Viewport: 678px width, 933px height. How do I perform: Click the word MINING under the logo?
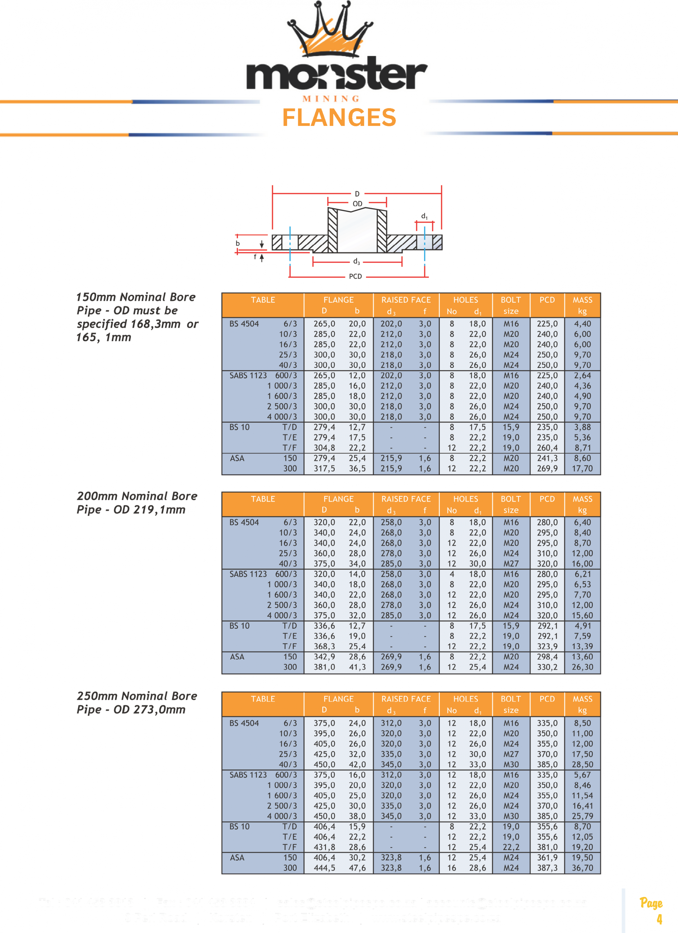click(331, 99)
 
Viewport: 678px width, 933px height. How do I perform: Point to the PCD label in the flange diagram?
click(355, 276)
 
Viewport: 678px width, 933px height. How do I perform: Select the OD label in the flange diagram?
click(357, 204)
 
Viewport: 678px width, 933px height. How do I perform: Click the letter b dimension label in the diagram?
click(237, 244)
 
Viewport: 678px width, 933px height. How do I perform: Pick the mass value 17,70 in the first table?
click(582, 469)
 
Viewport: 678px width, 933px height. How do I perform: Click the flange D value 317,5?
click(324, 469)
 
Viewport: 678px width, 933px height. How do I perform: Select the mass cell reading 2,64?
click(583, 376)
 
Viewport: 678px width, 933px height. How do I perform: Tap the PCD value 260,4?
click(547, 448)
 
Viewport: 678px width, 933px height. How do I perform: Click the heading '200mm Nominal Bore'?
click(137, 496)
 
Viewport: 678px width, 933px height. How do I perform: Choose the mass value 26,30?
click(582, 667)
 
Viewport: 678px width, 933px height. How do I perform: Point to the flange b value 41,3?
click(357, 667)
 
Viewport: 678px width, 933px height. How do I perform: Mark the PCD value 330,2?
click(547, 667)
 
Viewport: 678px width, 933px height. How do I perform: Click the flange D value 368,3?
click(324, 647)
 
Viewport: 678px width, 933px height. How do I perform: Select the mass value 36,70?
click(582, 868)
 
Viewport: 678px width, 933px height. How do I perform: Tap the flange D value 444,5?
click(324, 868)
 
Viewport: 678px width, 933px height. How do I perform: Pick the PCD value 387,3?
click(547, 868)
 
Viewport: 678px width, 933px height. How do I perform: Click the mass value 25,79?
click(582, 816)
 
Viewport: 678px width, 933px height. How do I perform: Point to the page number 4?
click(659, 919)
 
